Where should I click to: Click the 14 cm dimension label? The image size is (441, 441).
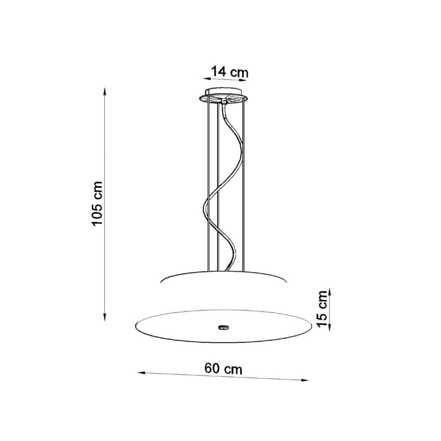(x=230, y=72)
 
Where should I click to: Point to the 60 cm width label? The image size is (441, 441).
(x=224, y=369)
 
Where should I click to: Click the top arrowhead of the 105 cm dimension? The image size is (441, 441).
(x=105, y=92)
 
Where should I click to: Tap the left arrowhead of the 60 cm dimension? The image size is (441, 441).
(x=141, y=373)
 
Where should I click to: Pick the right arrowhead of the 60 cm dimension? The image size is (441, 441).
(x=305, y=381)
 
